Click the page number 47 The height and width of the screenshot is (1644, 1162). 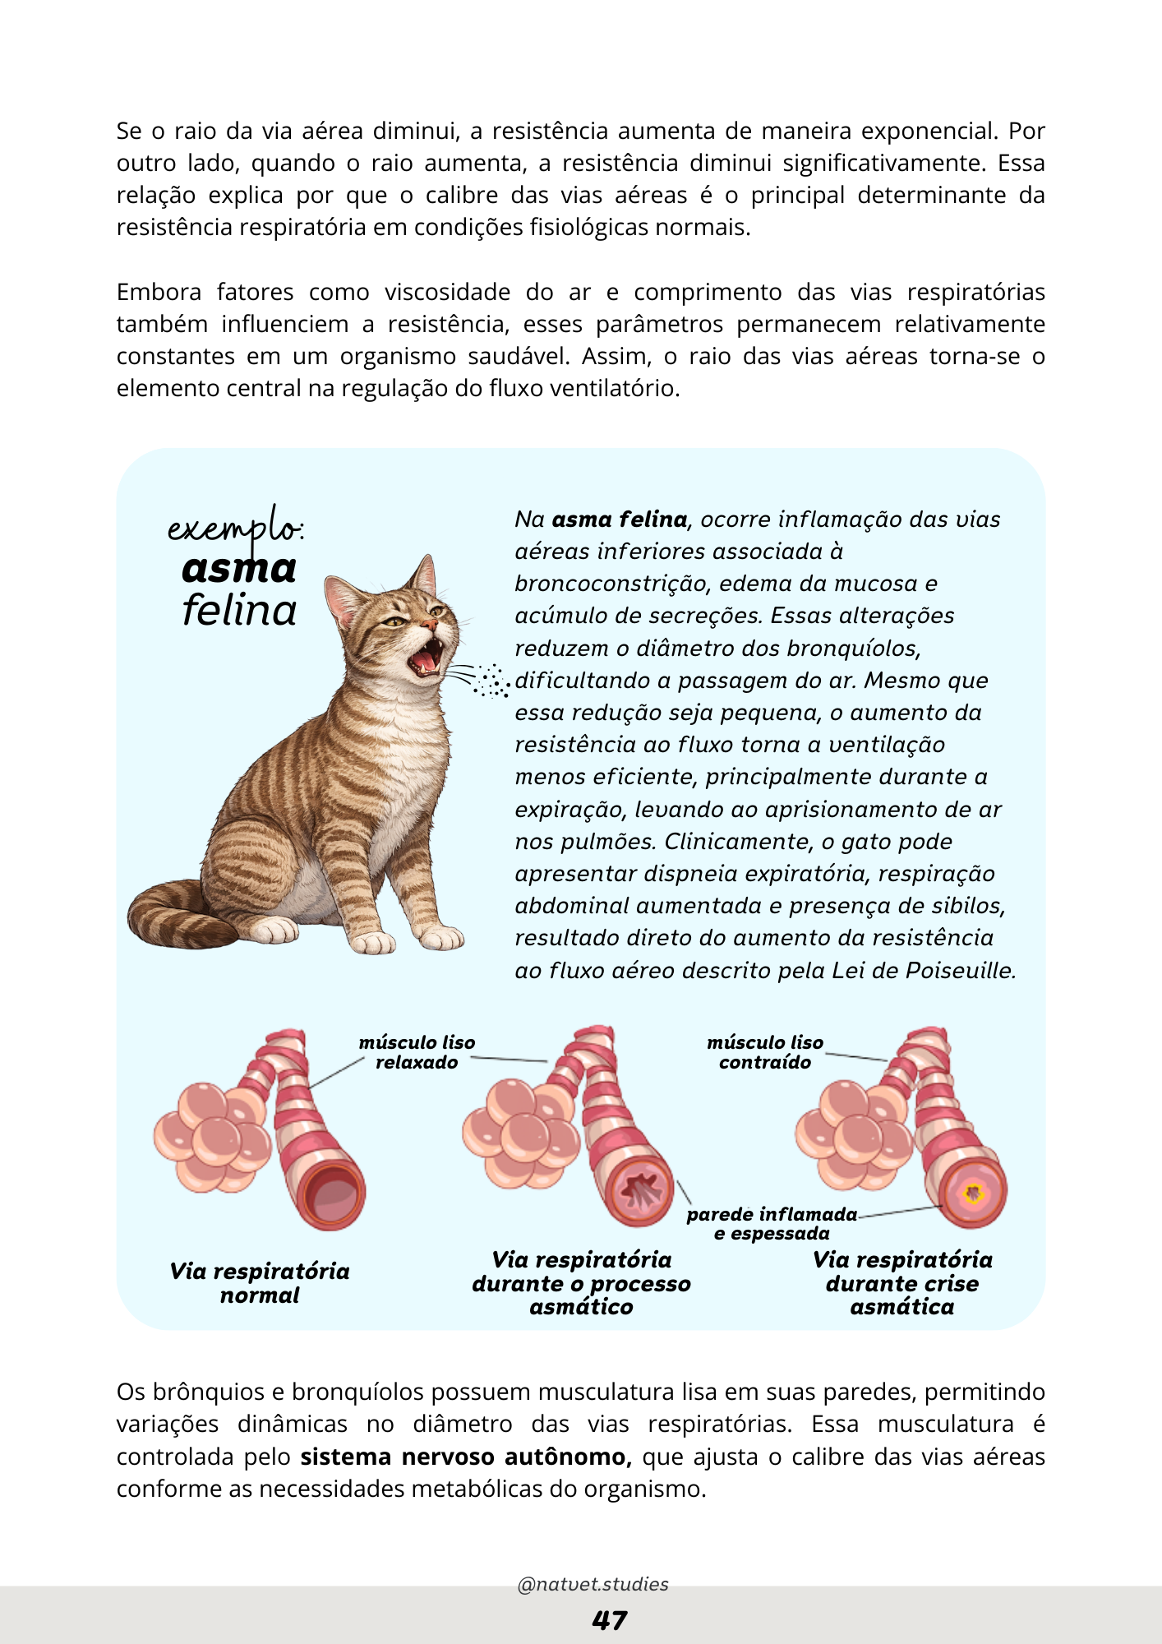point(609,1620)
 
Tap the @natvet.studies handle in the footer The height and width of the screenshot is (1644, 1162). point(593,1584)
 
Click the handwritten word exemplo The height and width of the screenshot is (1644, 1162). point(234,528)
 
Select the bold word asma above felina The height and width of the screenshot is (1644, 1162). point(238,569)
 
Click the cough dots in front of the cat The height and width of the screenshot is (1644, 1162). point(493,681)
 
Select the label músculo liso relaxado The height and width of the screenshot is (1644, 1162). point(417,1052)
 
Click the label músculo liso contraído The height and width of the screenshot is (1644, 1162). point(764,1052)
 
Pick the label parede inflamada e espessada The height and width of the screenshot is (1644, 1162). point(771,1223)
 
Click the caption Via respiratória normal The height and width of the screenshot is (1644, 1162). point(260,1282)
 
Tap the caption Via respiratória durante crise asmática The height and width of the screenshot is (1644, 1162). point(902,1283)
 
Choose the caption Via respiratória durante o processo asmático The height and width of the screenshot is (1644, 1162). point(581,1283)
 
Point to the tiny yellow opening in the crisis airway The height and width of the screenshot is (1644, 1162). point(974,1193)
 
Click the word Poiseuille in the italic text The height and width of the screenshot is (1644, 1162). point(961,971)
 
